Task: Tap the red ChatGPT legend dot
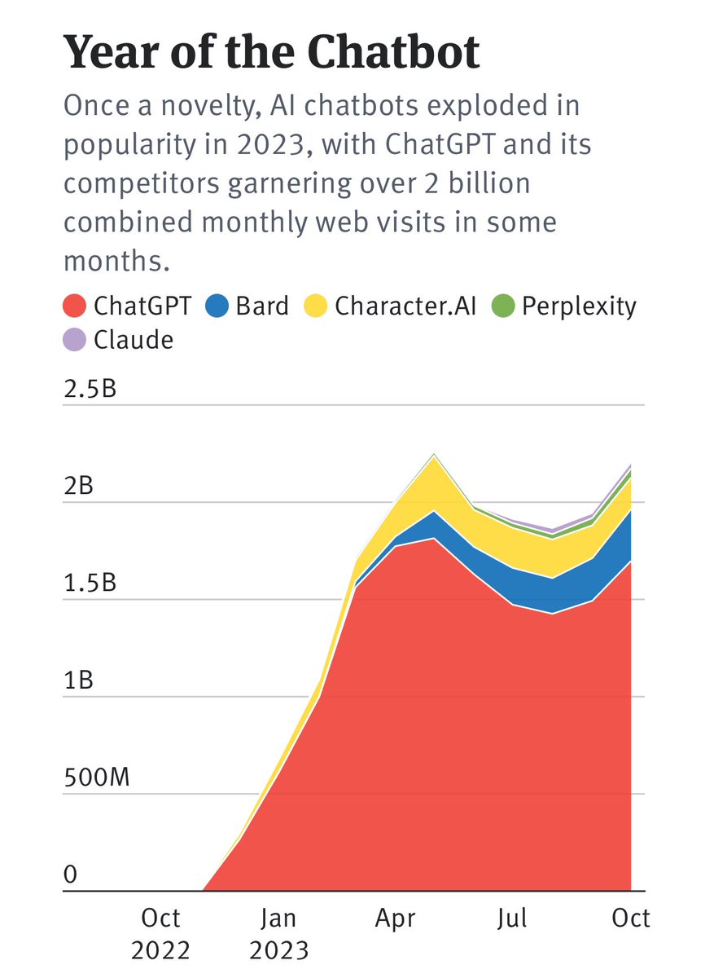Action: coord(75,306)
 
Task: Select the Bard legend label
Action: coord(262,306)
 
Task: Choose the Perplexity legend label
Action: coord(579,306)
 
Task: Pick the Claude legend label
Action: coord(134,339)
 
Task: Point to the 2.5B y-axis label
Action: coord(90,389)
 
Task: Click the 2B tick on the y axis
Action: coord(78,487)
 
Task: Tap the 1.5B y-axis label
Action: coord(90,584)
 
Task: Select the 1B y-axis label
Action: coord(78,681)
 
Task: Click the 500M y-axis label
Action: coord(96,778)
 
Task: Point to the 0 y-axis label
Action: coord(71,875)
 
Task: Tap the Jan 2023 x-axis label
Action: coord(278,934)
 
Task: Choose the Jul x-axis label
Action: coord(513,919)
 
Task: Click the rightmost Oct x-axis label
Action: coord(630,919)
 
